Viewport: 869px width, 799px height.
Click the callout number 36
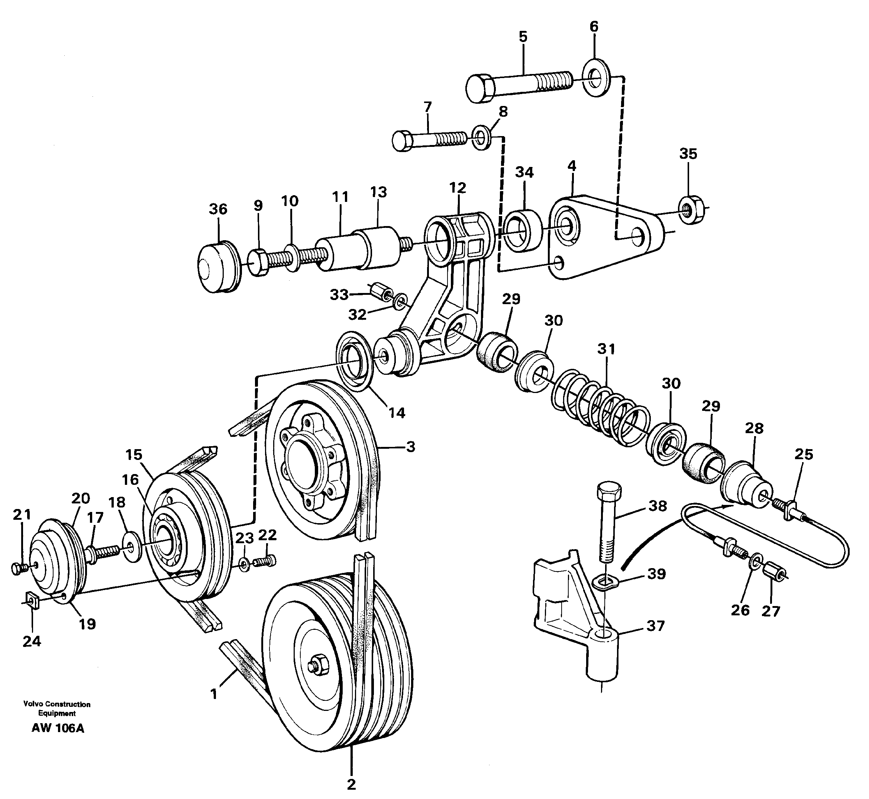pyautogui.click(x=218, y=209)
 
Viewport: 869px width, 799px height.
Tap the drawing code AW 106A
pyautogui.click(x=58, y=728)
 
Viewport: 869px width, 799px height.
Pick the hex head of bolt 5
pyautogui.click(x=481, y=89)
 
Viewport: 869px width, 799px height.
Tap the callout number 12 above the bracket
pyautogui.click(x=458, y=188)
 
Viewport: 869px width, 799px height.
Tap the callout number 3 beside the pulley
pyautogui.click(x=410, y=447)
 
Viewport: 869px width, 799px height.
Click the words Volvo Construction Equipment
pyautogui.click(x=57, y=709)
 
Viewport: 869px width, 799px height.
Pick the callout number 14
pyautogui.click(x=396, y=413)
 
